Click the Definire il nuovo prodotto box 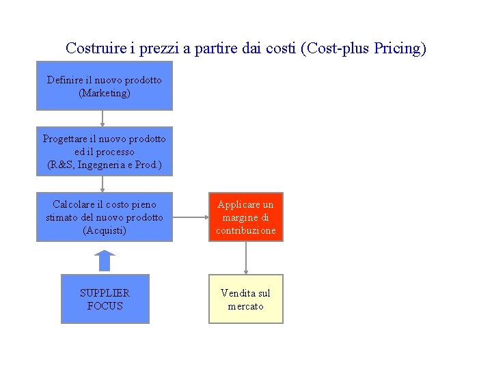tap(105, 85)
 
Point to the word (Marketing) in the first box tap(105, 93)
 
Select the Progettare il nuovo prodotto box tap(105, 151)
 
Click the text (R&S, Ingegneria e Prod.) tap(105, 165)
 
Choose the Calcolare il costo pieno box tap(105, 217)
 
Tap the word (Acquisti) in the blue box tap(105, 230)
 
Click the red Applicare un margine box tap(246, 217)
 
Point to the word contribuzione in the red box tap(246, 230)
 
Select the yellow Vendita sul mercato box tap(246, 299)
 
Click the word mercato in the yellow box tap(246, 306)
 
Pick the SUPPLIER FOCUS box tap(105, 299)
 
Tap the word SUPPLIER tap(105, 292)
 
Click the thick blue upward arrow tap(104, 260)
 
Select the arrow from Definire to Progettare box tap(102, 118)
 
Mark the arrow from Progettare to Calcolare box tap(102, 184)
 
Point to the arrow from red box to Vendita tap(246, 258)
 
